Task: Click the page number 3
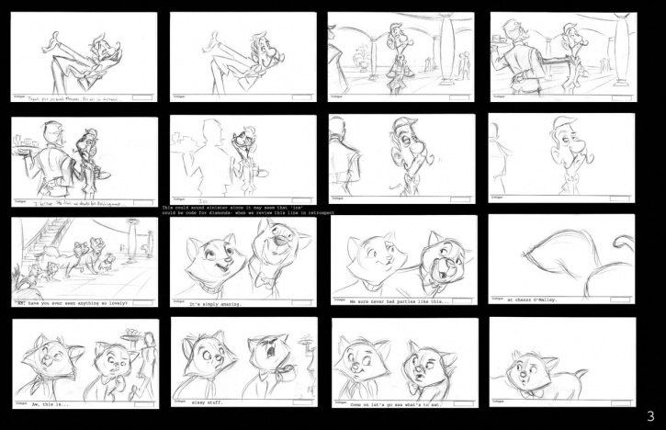pyautogui.click(x=649, y=416)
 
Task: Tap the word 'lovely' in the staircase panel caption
pyautogui.click(x=117, y=301)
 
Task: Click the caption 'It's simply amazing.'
pyautogui.click(x=212, y=302)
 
